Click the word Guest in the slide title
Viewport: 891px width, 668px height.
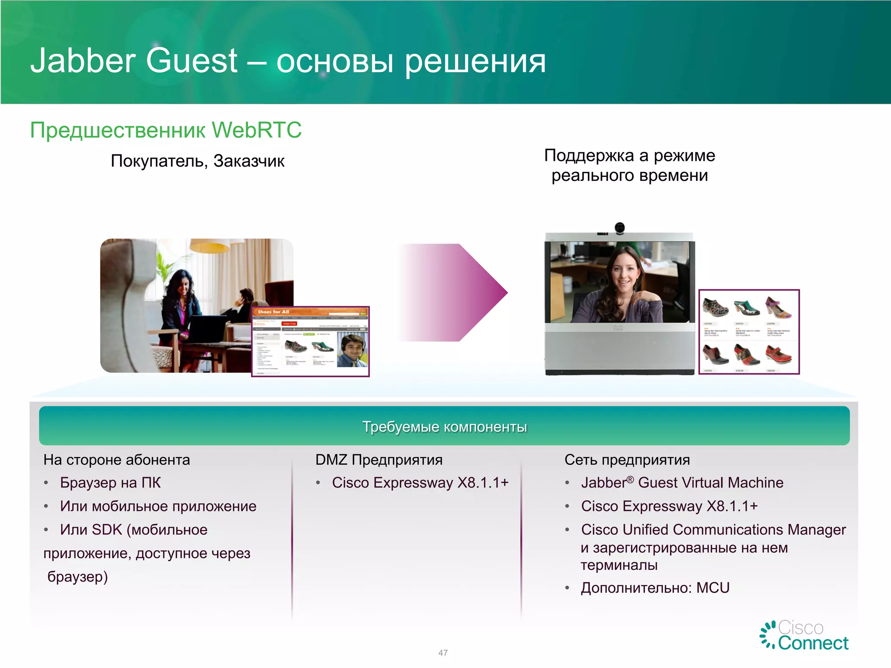pyautogui.click(x=191, y=61)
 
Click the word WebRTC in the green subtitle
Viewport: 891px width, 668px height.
pyautogui.click(x=256, y=130)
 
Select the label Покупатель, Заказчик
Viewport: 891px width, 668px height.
pyautogui.click(x=198, y=161)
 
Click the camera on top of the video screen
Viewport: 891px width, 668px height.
pyautogui.click(x=620, y=228)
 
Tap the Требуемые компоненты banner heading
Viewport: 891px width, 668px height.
pyautogui.click(x=444, y=427)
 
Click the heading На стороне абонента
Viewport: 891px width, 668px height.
pyautogui.click(x=117, y=460)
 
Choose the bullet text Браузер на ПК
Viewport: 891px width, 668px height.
pyautogui.click(x=111, y=483)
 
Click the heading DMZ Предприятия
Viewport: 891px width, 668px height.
pyautogui.click(x=379, y=460)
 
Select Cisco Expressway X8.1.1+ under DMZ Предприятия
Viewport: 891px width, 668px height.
pyautogui.click(x=420, y=483)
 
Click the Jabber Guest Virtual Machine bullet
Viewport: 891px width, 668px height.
pyautogui.click(x=682, y=483)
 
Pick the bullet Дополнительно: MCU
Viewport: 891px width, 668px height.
pyautogui.click(x=655, y=588)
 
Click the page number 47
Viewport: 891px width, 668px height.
pyautogui.click(x=443, y=653)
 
